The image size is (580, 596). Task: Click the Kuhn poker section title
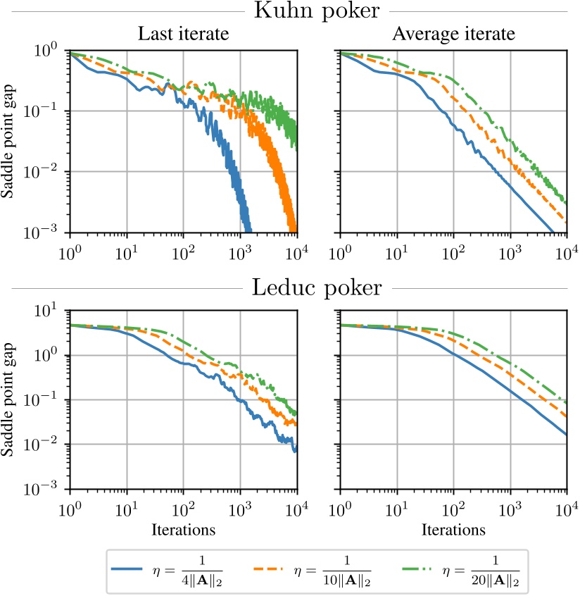(318, 12)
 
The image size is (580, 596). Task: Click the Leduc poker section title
(318, 288)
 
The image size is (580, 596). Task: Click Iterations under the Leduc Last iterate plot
(183, 528)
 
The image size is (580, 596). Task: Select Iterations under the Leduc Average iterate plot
(454, 528)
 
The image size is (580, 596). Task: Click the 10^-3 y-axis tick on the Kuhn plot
(51, 233)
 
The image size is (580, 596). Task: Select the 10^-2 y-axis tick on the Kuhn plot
(51, 173)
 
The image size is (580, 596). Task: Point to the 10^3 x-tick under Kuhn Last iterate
(240, 249)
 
